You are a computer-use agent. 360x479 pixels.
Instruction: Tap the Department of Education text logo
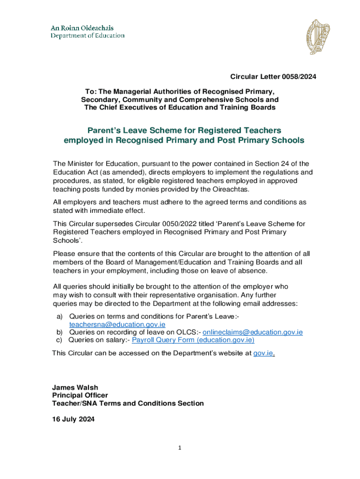tap(87, 32)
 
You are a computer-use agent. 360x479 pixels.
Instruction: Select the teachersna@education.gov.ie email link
tap(117, 324)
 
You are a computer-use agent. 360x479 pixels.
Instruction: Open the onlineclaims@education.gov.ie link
tap(252, 332)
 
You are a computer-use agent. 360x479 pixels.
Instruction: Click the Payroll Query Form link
tap(193, 340)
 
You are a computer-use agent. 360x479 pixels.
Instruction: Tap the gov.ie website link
tap(263, 353)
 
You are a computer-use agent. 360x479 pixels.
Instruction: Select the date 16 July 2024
tap(73, 419)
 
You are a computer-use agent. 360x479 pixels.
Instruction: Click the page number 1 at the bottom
tap(179, 448)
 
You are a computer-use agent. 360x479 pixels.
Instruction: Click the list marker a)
tap(60, 317)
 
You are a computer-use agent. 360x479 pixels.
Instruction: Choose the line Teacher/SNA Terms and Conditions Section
tap(128, 403)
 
